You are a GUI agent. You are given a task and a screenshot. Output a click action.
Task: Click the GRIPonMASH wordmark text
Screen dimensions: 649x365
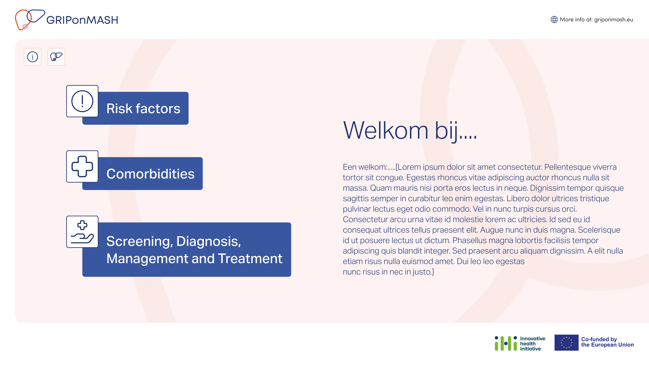(x=82, y=20)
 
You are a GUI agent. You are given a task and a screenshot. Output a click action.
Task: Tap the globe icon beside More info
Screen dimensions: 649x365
(x=554, y=20)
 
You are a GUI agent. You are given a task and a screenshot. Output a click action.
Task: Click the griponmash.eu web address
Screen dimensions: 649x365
(x=614, y=20)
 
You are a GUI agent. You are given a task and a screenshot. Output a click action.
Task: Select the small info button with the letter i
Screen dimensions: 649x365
(x=33, y=57)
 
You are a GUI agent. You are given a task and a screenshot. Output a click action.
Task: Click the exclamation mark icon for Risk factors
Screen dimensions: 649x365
(x=82, y=101)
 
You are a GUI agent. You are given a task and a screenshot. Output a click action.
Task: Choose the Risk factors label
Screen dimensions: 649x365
(x=143, y=108)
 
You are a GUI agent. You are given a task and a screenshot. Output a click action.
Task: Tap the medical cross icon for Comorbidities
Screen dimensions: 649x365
(x=82, y=166)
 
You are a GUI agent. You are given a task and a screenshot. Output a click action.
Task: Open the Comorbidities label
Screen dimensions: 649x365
(x=150, y=174)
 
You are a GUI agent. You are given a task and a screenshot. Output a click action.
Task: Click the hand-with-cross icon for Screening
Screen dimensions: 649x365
(x=82, y=232)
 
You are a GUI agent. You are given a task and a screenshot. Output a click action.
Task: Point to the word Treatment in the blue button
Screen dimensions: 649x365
(x=250, y=259)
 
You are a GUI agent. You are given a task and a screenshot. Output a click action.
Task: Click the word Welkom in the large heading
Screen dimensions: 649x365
(x=386, y=130)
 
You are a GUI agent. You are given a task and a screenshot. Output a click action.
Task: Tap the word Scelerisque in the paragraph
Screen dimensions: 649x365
(x=599, y=230)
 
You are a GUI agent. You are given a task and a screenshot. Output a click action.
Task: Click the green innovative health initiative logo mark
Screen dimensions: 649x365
(x=506, y=343)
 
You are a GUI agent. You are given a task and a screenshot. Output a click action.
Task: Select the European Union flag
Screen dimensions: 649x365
(x=567, y=343)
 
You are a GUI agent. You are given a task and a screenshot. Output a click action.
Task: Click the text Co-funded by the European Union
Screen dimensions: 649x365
(x=607, y=342)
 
